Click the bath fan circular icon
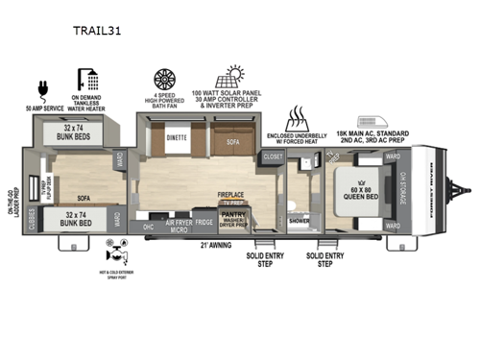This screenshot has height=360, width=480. tap(164, 79)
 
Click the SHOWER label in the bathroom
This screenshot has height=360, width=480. tap(300, 219)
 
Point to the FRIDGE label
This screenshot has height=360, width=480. tap(204, 223)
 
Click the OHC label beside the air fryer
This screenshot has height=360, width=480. tap(149, 227)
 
